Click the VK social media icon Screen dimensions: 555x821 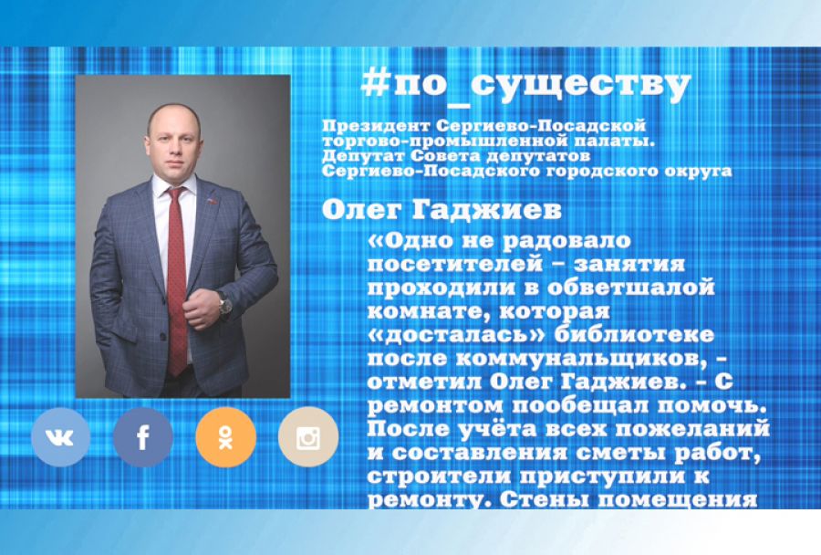(60, 438)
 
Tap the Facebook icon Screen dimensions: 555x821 (143, 438)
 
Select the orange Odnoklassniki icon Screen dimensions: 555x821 (225, 438)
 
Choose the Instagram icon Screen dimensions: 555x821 (307, 438)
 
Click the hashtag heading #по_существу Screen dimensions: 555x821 (525, 85)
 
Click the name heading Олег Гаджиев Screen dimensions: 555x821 (442, 210)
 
